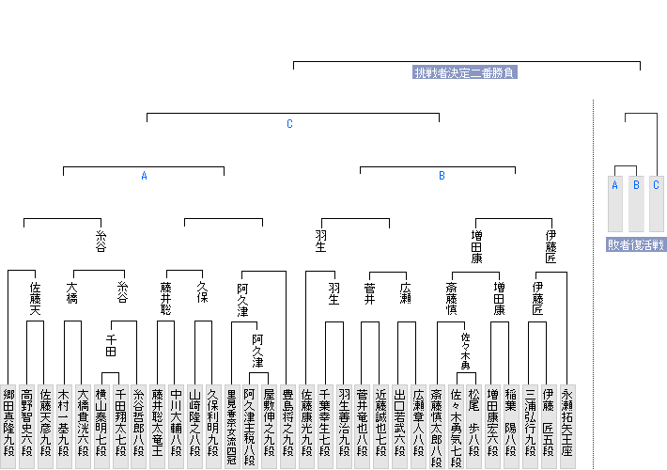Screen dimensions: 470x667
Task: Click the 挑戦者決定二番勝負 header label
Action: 466,72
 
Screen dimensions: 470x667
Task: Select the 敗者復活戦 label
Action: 636,245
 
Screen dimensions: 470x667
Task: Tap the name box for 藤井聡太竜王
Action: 158,422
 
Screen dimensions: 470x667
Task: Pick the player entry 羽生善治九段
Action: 343,422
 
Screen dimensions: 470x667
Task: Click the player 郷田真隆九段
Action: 8,422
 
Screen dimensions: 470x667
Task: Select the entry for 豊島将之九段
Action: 287,422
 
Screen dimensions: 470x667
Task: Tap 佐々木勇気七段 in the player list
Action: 455,422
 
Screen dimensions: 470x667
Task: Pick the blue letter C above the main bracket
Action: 290,124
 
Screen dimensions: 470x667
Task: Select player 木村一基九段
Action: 64,422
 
